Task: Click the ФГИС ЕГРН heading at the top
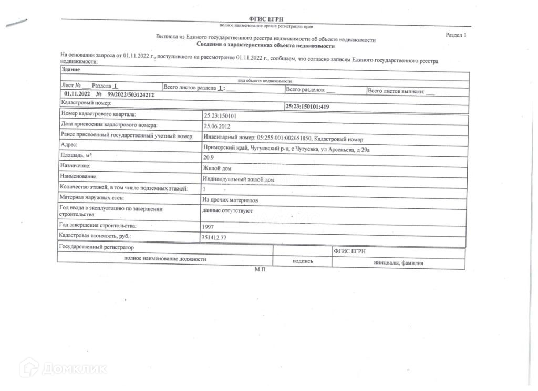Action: coord(266,19)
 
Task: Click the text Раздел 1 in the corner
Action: coord(456,35)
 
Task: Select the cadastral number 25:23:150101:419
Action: coord(307,107)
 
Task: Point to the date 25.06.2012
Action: coord(217,126)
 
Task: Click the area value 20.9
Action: coord(208,156)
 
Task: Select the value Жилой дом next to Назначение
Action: coord(216,168)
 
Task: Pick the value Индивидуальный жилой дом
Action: coord(238,179)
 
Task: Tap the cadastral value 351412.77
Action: coord(214,237)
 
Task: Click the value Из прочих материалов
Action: coord(230,200)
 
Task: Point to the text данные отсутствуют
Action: coord(227,210)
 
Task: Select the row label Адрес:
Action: coord(69,145)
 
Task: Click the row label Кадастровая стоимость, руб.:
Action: coord(95,236)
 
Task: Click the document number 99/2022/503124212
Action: coord(130,94)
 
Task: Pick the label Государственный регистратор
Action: coord(97,247)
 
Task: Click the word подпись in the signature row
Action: coord(302,261)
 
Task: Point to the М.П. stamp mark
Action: coord(261,269)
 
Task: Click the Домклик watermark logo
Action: coord(63,368)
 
